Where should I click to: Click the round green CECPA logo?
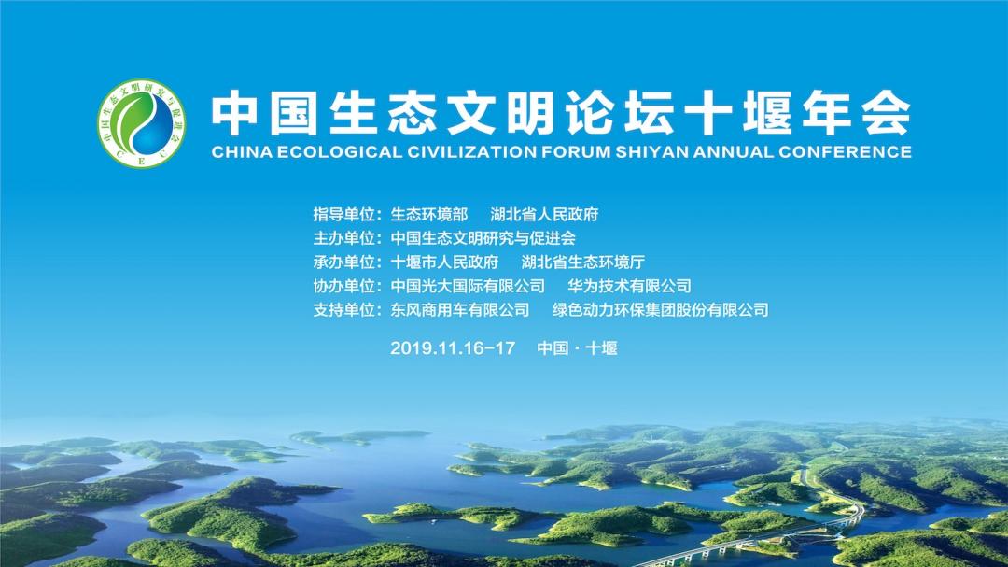coord(142,123)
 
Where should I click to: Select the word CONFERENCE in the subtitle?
coord(845,152)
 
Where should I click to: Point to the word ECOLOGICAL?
coord(340,152)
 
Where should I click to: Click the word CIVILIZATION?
coord(471,152)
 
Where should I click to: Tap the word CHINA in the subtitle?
coord(242,152)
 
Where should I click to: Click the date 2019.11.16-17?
coord(453,348)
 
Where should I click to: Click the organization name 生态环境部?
coord(428,214)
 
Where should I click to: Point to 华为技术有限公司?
coord(629,286)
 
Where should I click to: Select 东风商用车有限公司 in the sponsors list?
coord(459,309)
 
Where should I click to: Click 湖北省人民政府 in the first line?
coord(544,214)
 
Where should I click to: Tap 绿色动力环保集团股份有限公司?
coord(660,309)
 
